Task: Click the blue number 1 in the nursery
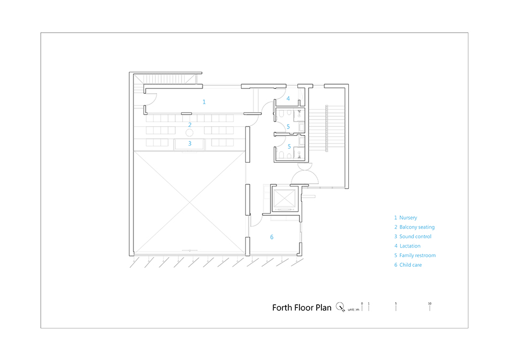[x=204, y=102]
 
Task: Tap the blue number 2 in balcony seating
[x=190, y=125]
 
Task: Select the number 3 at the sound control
[x=190, y=144]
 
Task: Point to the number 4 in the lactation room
[x=288, y=99]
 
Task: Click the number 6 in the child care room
[x=272, y=237]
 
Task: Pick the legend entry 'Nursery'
[x=408, y=218]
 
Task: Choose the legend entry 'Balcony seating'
[x=417, y=227]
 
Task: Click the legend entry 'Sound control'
[x=415, y=237]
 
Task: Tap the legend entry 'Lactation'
[x=410, y=246]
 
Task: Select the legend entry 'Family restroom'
[x=417, y=256]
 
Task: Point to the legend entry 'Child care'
[x=410, y=265]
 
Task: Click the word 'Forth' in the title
[x=282, y=307]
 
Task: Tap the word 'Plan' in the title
[x=323, y=307]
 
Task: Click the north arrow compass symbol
[x=340, y=307]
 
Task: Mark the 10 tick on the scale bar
[x=430, y=307]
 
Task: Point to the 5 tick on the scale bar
[x=396, y=307]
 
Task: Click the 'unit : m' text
[x=354, y=310]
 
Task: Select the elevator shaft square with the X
[x=285, y=198]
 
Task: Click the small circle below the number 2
[x=189, y=133]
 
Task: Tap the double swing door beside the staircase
[x=305, y=174]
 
